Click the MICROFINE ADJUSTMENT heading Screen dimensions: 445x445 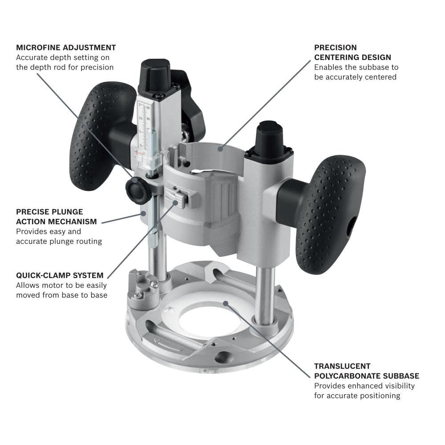[66, 47]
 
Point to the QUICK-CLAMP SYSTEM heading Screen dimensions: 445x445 [60, 275]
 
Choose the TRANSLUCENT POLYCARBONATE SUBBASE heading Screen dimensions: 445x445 [366, 371]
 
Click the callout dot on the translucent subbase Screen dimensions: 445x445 [226, 303]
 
